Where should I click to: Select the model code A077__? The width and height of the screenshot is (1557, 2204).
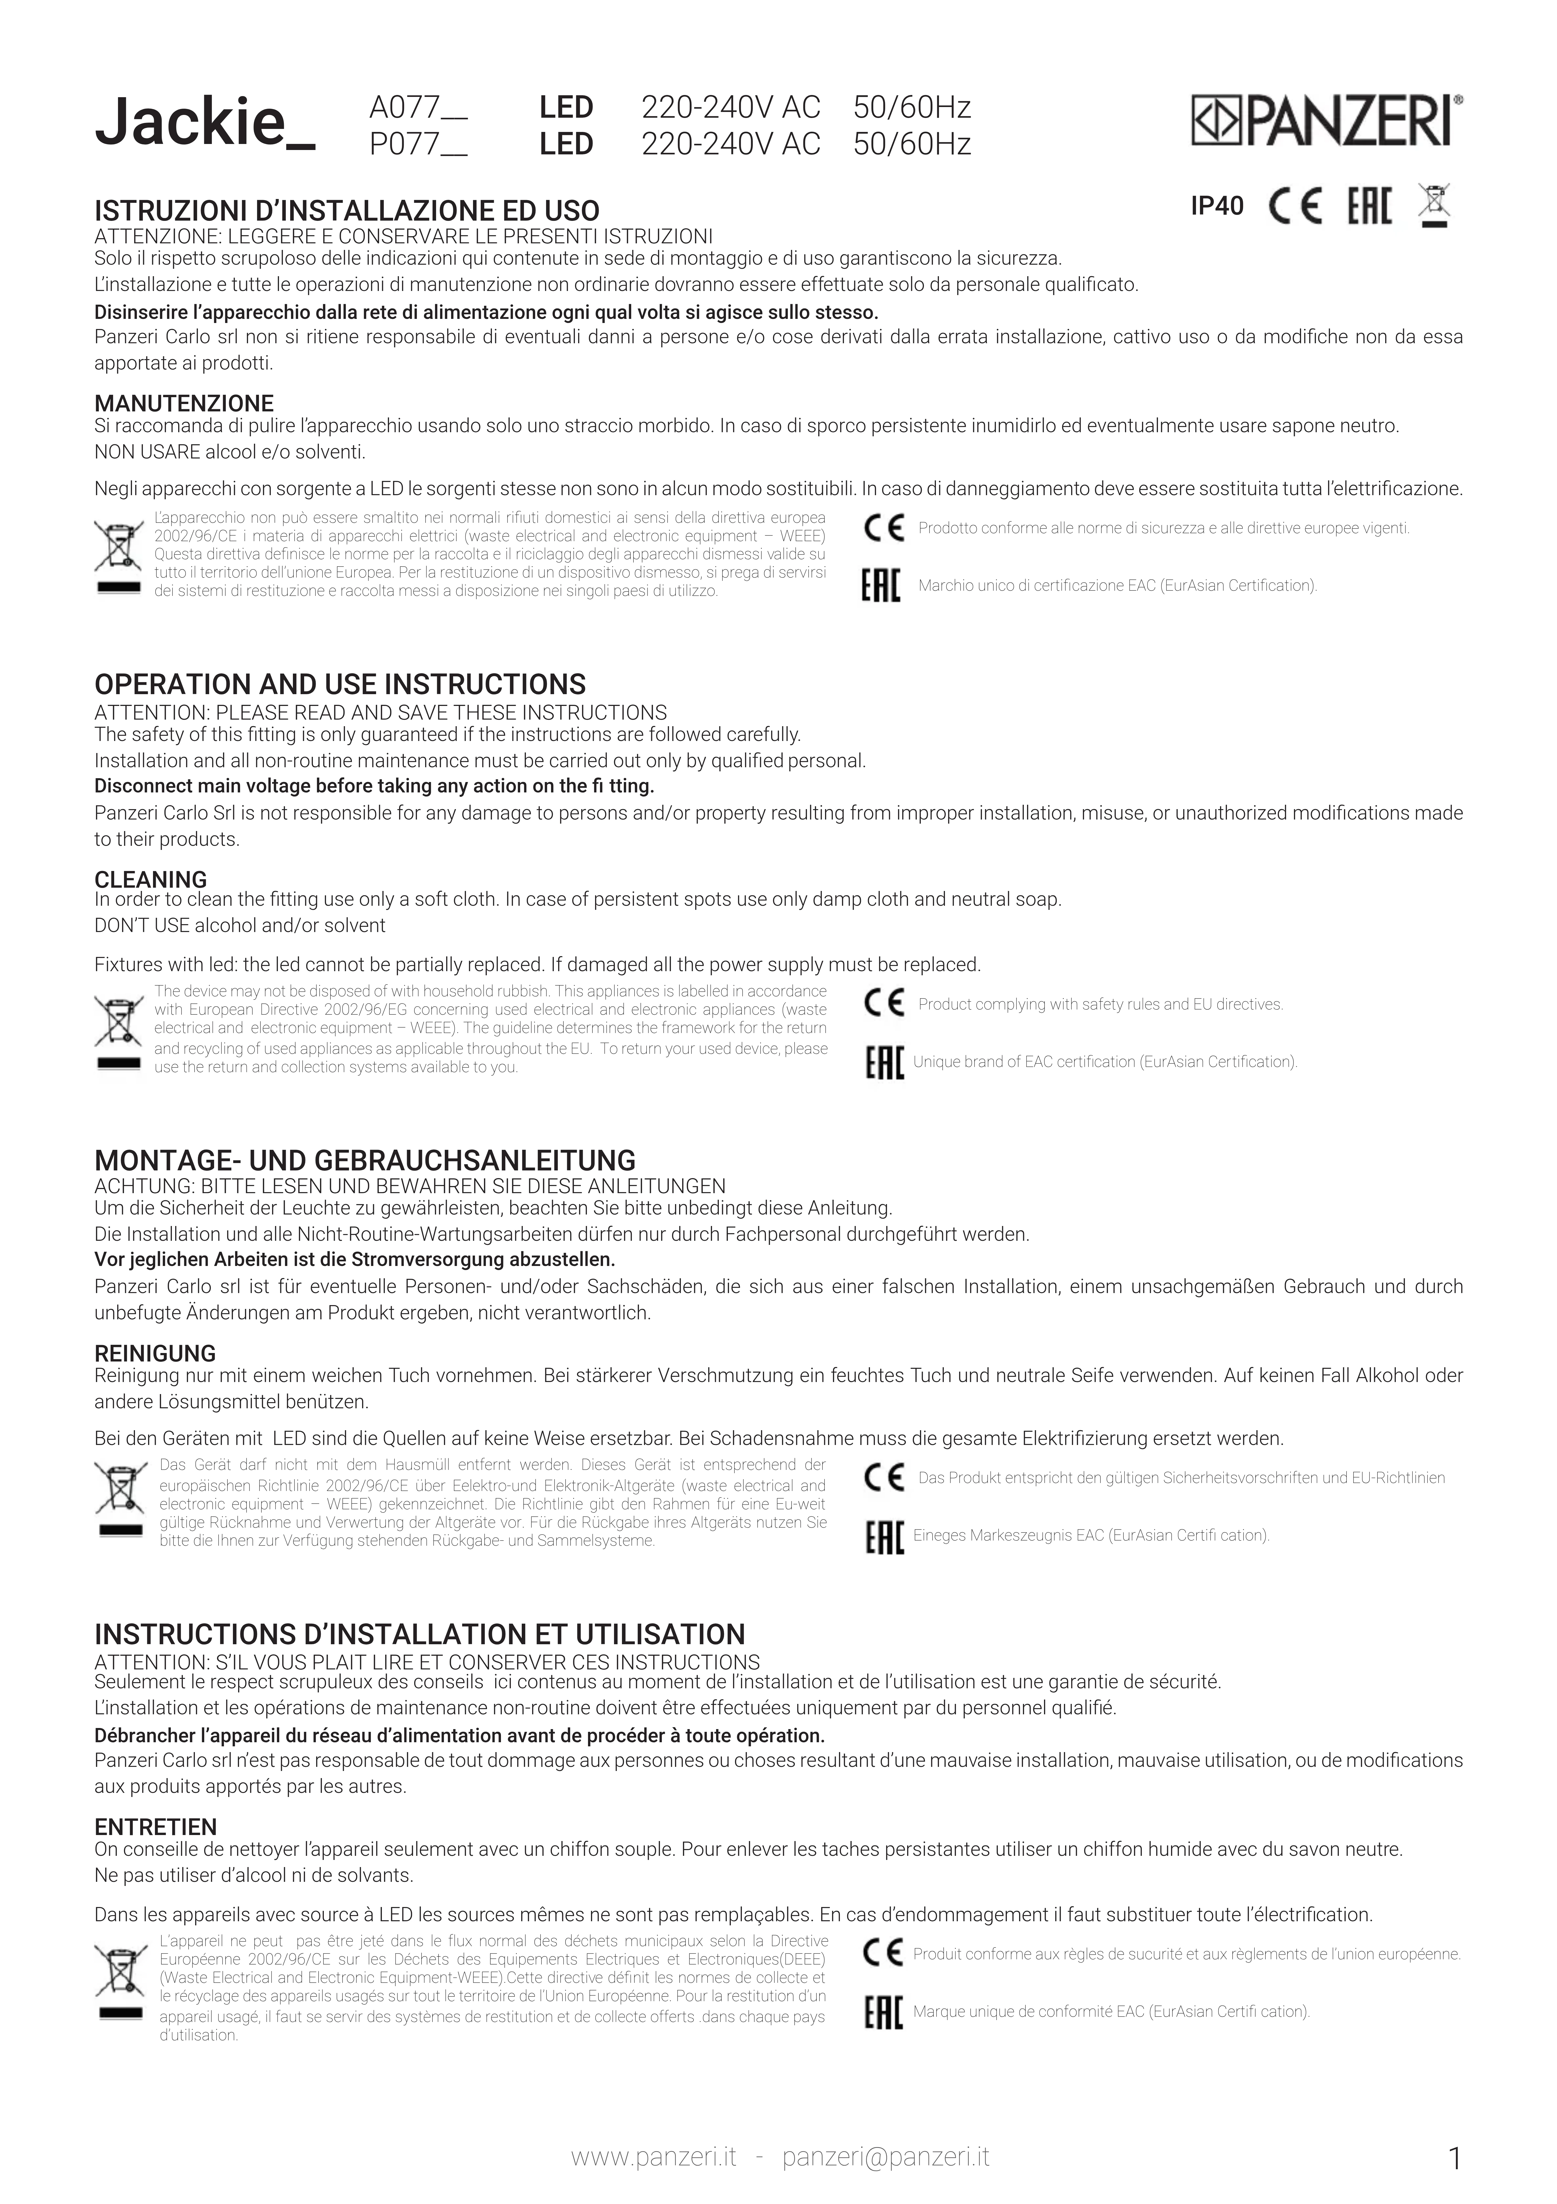point(419,108)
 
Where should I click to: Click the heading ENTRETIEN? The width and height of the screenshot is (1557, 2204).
point(155,1827)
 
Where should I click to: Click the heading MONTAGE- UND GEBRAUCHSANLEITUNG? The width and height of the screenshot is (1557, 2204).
point(365,1161)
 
